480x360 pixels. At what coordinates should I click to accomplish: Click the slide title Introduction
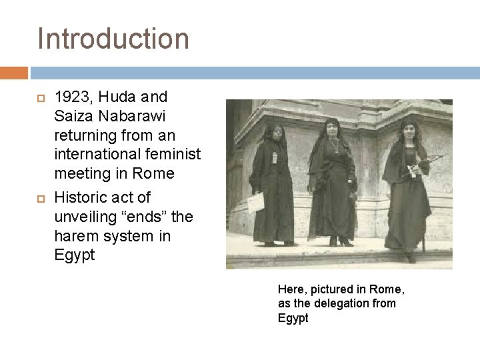pyautogui.click(x=113, y=38)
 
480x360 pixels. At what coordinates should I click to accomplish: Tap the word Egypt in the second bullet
pyautogui.click(x=74, y=255)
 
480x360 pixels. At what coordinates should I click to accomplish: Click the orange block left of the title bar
pyautogui.click(x=13, y=73)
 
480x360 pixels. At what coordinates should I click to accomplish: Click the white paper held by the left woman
pyautogui.click(x=256, y=202)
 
